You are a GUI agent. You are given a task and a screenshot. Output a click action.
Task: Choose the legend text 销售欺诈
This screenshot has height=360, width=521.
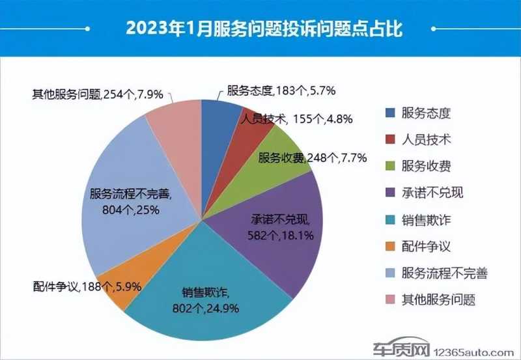click(x=427, y=220)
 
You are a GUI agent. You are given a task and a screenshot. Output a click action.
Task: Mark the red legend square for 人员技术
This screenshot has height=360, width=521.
click(x=390, y=139)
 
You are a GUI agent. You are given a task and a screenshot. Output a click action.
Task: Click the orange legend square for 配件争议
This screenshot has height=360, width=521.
click(x=390, y=247)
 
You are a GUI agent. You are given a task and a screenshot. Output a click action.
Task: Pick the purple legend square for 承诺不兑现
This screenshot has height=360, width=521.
click(x=390, y=193)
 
